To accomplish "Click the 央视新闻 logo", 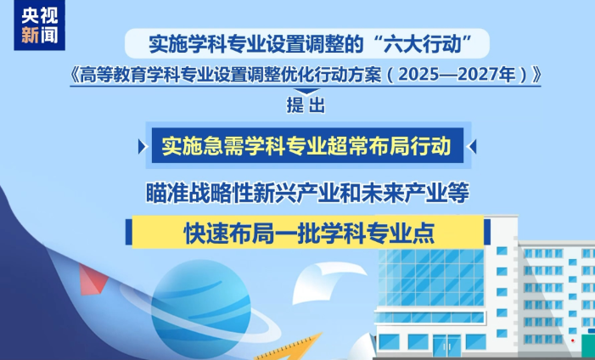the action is tap(39, 25).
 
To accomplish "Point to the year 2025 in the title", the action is tap(416, 75).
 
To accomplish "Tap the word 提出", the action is tap(306, 105).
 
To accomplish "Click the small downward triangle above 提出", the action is tap(306, 91).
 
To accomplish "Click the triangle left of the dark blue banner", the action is tap(142, 147).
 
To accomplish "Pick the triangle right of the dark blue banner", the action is tap(473, 147).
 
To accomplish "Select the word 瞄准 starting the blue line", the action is tap(166, 193).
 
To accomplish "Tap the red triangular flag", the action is tap(93, 279).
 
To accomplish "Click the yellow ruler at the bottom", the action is tap(292, 348).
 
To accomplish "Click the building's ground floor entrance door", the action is tap(447, 346).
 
